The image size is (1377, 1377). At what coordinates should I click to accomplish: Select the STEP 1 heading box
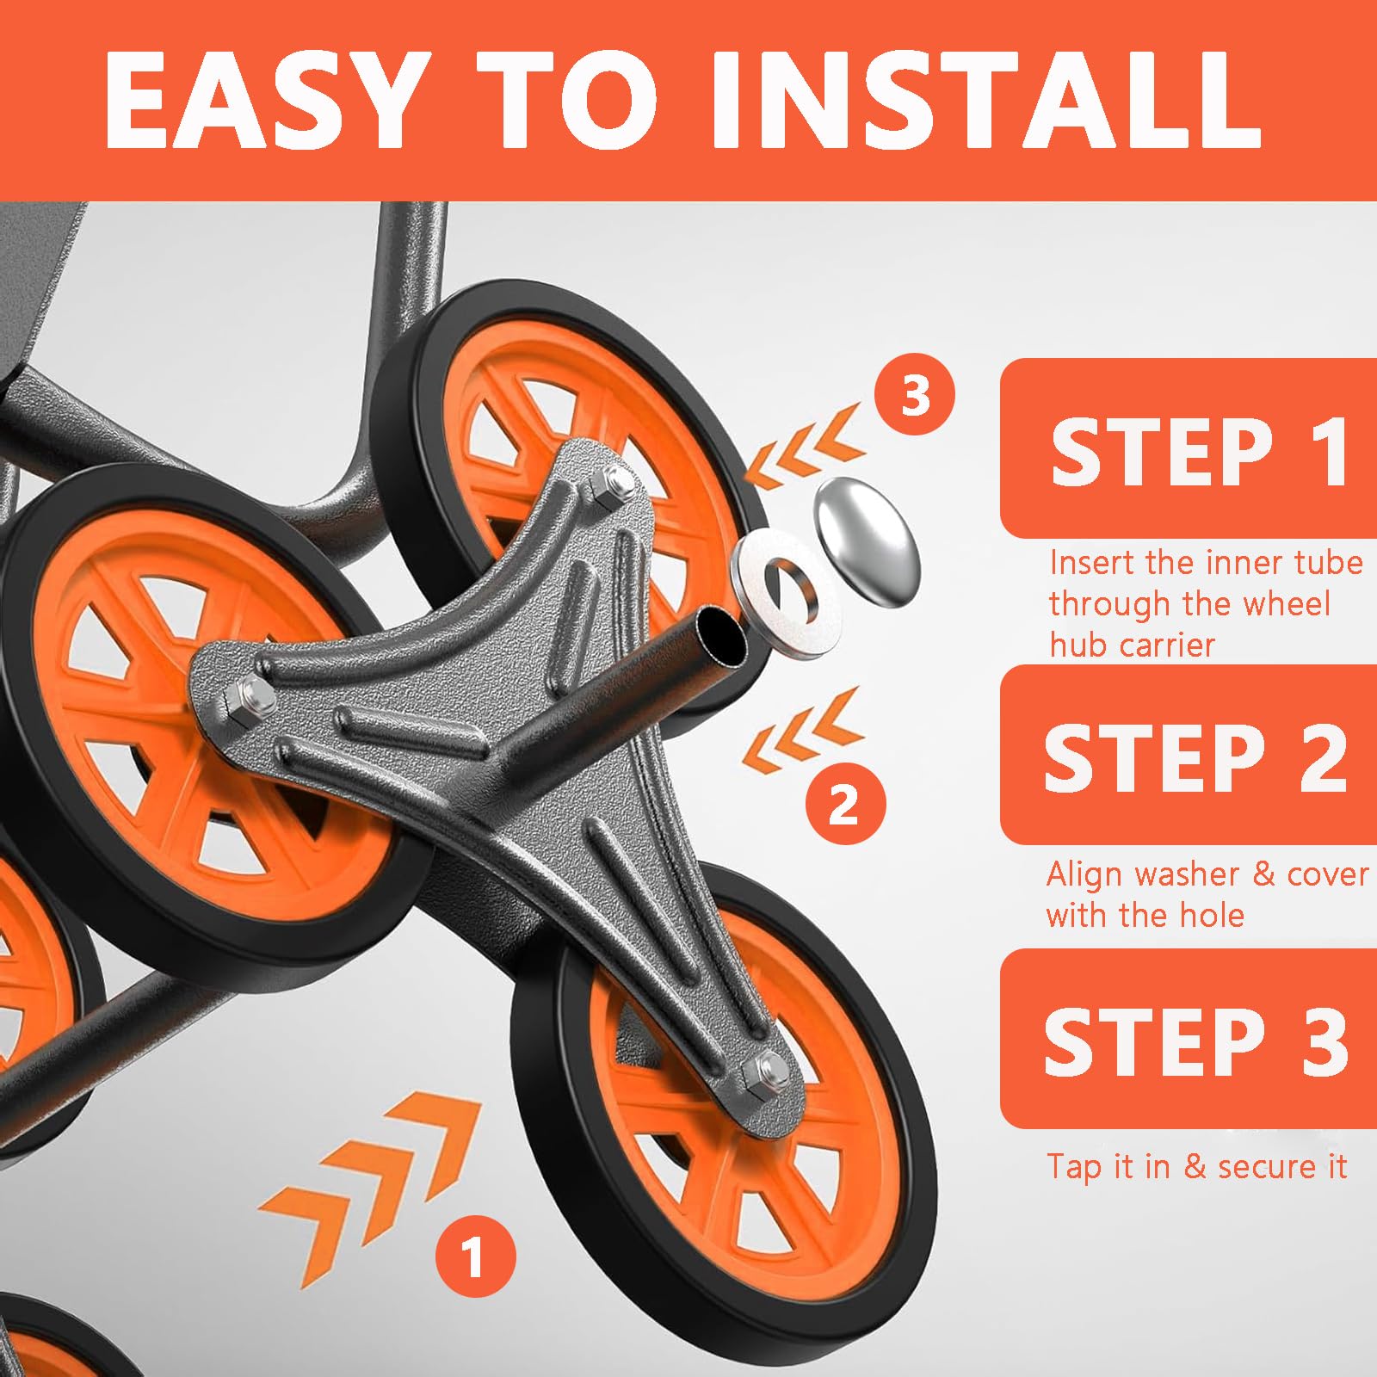[1189, 448]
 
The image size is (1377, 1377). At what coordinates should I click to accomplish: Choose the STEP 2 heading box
[1189, 755]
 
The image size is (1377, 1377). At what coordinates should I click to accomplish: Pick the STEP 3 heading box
[1189, 1039]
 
